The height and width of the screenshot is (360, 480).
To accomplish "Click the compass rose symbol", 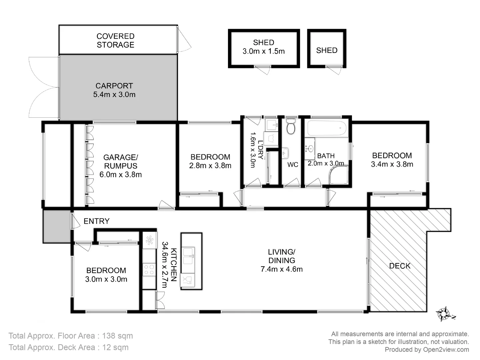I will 444,314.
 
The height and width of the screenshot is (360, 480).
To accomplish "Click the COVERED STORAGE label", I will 115,40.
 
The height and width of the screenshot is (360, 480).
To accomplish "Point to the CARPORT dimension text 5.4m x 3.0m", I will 114,95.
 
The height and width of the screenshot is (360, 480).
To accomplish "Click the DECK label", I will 400,266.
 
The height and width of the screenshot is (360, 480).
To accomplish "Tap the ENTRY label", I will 96,221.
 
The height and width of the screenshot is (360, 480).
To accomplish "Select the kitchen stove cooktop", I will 149,269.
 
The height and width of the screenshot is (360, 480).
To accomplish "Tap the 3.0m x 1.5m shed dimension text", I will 264,51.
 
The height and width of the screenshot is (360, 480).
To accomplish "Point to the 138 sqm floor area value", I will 117,336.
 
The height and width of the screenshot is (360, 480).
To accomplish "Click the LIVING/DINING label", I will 282,256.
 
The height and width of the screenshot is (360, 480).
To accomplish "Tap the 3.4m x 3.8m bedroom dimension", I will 392,164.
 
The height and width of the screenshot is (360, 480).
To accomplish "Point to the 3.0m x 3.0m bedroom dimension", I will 106,279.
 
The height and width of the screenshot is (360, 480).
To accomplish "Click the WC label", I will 293,165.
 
